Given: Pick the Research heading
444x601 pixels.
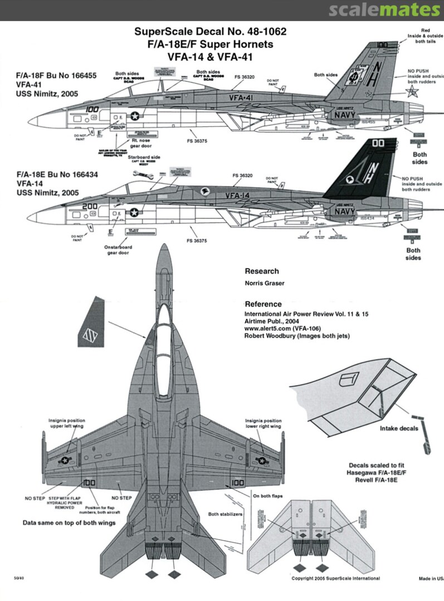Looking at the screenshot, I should tap(262, 271).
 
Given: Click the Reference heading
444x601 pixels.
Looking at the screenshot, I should tap(264, 304).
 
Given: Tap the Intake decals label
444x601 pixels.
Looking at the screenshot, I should tap(399, 428).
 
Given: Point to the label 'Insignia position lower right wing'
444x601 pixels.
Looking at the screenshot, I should tap(263, 424).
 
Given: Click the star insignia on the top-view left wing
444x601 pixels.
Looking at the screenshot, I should tap(66, 460).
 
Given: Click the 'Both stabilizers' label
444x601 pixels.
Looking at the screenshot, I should tap(225, 515).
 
